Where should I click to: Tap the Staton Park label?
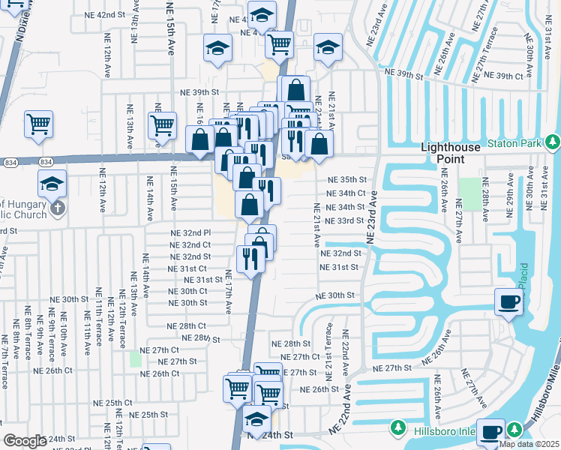coord(514,142)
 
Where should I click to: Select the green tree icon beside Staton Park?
coord(553,141)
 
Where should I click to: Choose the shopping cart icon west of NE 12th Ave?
coord(38,124)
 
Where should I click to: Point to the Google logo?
coord(24,440)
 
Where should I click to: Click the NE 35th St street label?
coord(346,180)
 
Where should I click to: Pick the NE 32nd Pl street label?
coord(190,233)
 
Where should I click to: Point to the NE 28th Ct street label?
coord(187,326)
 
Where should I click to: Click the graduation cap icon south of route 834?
coord(52,183)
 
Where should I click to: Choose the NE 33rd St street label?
coord(344,220)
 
